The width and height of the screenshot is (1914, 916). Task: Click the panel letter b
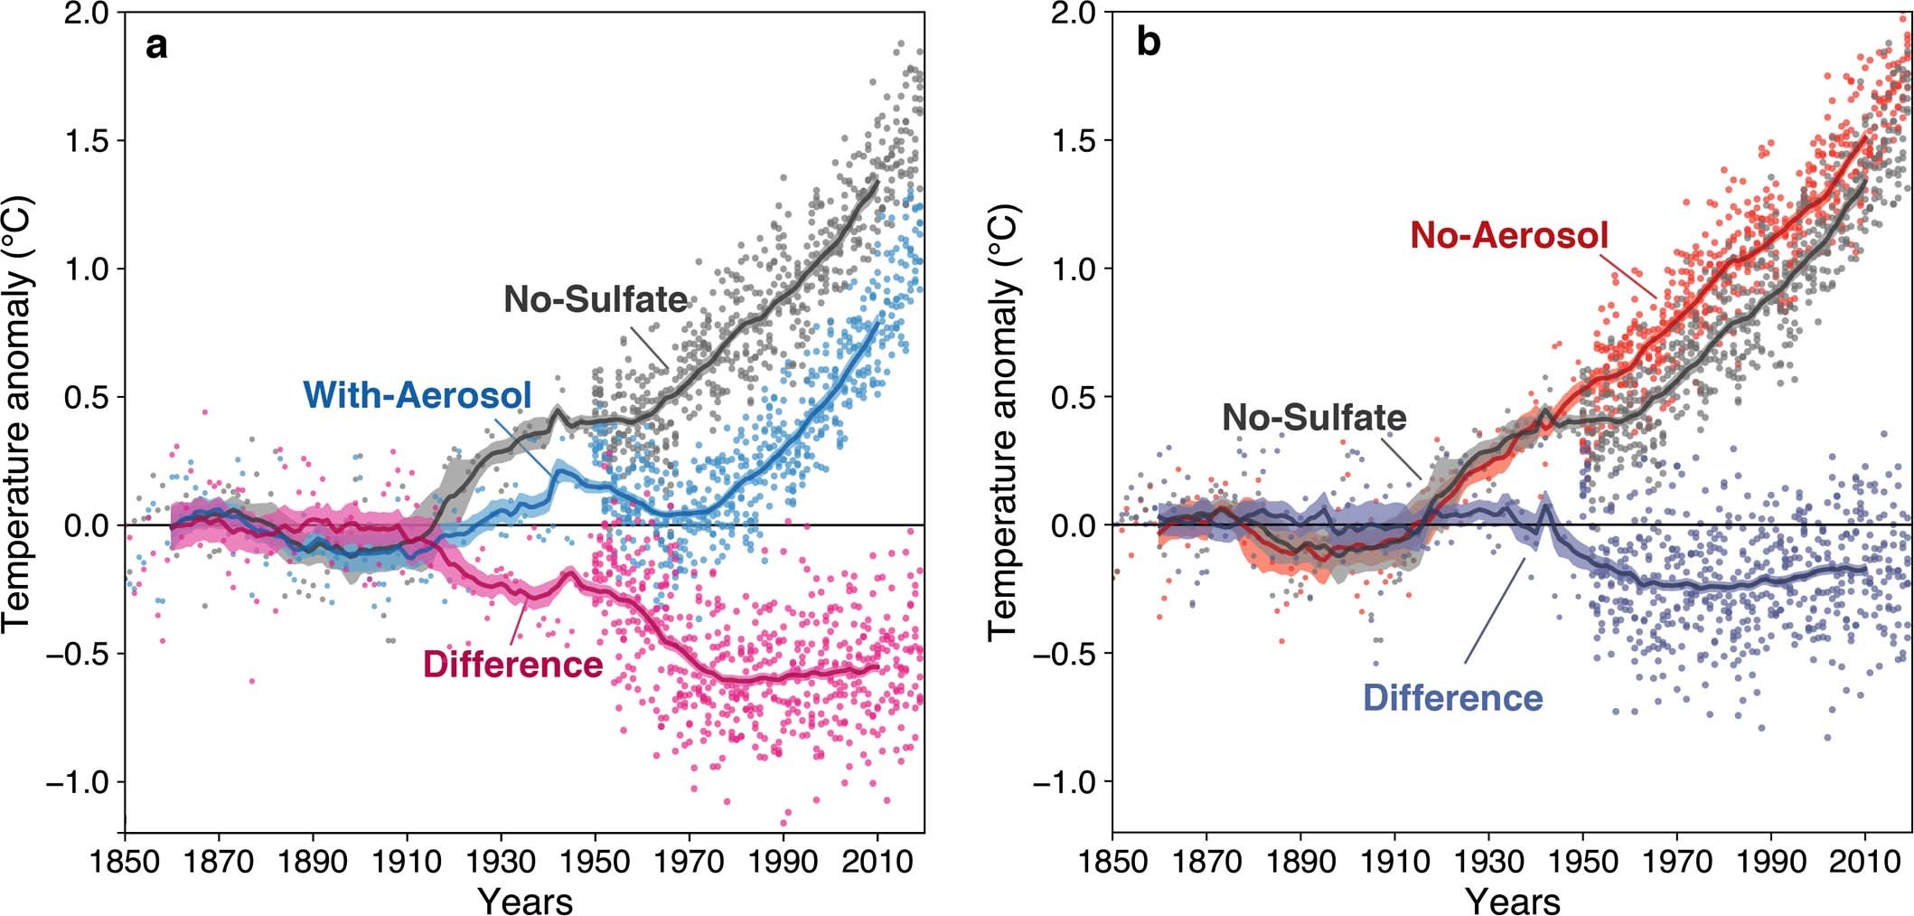pos(1148,44)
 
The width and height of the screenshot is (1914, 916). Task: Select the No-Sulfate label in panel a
pos(596,299)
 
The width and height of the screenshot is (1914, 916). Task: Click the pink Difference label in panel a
pos(512,665)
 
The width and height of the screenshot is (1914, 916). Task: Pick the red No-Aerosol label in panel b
pos(1509,236)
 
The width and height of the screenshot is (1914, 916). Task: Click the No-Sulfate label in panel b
pos(1314,418)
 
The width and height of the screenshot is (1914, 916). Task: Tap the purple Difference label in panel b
pos(1452,698)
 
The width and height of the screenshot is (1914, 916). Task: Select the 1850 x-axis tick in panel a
pos(125,860)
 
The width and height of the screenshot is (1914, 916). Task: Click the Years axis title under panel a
pos(524,900)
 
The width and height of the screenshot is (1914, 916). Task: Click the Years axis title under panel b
pos(1512,900)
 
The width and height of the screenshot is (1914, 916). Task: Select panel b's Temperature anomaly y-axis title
pos(1003,422)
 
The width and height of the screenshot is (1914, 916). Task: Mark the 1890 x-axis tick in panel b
pos(1300,860)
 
